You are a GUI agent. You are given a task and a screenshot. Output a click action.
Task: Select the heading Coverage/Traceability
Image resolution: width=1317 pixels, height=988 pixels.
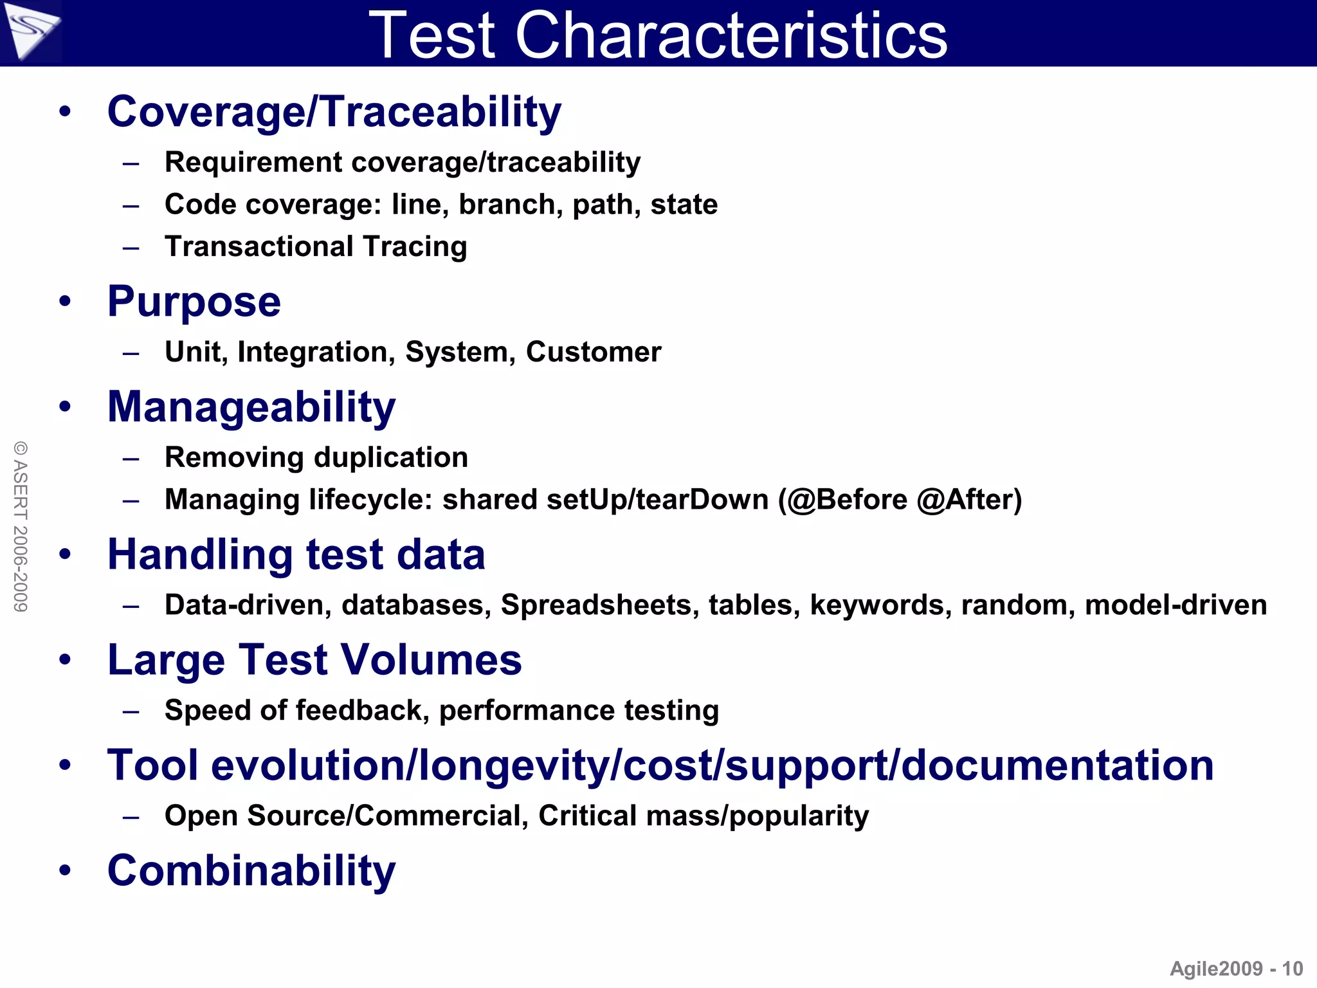(x=334, y=112)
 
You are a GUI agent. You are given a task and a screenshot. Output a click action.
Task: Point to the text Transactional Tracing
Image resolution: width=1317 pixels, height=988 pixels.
(x=316, y=247)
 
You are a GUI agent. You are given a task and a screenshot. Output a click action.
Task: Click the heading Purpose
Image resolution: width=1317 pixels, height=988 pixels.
(x=194, y=302)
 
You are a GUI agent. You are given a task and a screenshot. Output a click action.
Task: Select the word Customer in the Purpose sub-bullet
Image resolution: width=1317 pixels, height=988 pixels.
(x=594, y=352)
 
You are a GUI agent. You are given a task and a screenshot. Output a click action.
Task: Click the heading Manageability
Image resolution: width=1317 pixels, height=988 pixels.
(x=251, y=407)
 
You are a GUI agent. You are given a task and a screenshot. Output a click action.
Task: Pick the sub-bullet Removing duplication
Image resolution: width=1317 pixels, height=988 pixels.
(x=316, y=458)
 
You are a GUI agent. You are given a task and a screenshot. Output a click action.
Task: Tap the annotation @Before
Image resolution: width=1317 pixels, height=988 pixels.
(x=847, y=500)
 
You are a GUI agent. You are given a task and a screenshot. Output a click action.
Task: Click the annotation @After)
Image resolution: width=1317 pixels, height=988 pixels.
(x=969, y=500)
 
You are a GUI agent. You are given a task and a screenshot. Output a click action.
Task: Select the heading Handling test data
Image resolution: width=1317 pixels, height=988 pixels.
(x=296, y=555)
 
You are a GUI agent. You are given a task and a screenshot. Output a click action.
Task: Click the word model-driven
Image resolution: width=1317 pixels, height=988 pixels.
(x=1176, y=605)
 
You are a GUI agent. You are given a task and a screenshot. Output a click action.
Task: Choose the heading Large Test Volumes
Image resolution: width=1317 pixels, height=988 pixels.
(x=314, y=661)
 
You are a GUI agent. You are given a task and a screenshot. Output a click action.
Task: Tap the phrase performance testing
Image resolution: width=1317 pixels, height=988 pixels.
(x=579, y=711)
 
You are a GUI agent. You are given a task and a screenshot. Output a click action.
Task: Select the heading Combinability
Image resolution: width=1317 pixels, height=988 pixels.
(x=251, y=871)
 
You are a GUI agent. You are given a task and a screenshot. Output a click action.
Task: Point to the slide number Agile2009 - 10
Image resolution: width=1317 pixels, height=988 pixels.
(x=1235, y=969)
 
